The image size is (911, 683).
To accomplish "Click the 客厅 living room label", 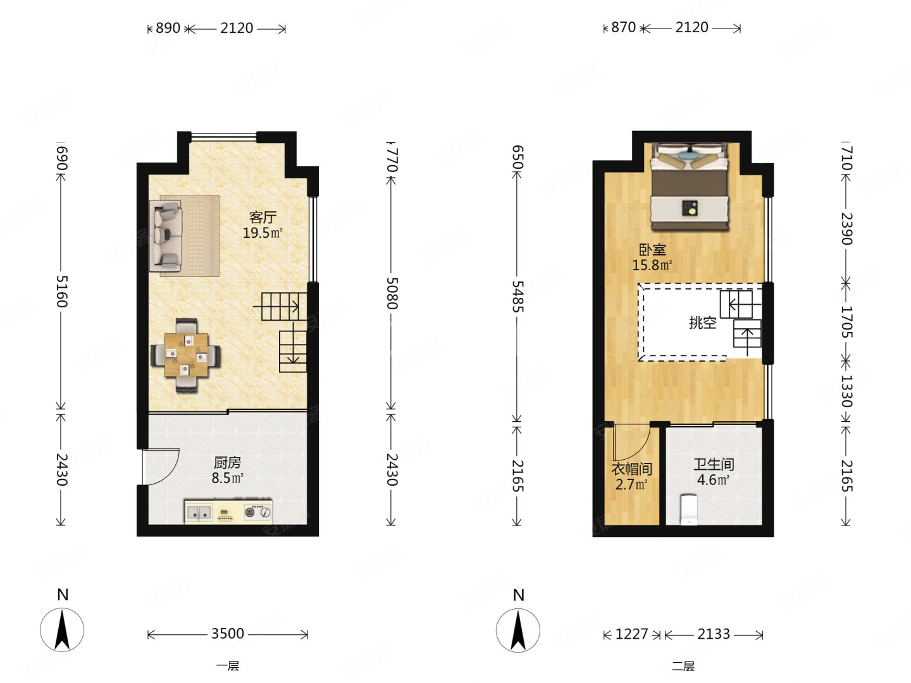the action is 263,217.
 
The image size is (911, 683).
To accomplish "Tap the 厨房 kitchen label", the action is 227,462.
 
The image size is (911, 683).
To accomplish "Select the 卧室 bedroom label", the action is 652,250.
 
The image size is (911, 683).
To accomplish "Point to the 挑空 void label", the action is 703,323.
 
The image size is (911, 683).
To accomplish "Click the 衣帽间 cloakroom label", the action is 631,469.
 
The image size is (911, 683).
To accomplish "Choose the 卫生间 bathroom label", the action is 714,464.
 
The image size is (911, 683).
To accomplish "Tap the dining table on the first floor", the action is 187,355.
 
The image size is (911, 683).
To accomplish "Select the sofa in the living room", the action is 166,236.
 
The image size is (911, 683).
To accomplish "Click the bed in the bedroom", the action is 690,186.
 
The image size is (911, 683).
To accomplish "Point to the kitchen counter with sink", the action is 228,512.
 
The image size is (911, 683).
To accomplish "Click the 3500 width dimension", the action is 228,634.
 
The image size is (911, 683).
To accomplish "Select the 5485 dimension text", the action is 517,297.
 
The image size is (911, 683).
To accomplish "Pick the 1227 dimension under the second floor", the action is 631,634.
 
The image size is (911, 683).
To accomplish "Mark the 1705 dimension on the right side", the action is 846,322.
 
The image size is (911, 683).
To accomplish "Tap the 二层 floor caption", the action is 683,666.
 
